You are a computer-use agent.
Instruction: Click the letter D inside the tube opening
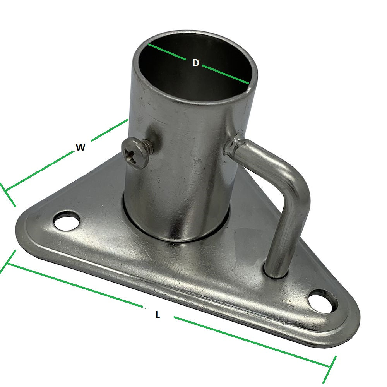click(x=196, y=63)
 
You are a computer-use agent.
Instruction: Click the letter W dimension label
click(x=80, y=147)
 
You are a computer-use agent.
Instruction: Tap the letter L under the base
click(x=158, y=315)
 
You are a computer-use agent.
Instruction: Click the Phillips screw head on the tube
click(x=135, y=153)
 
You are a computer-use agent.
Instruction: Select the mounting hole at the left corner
click(x=67, y=222)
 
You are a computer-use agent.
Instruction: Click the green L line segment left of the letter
click(x=74, y=286)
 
